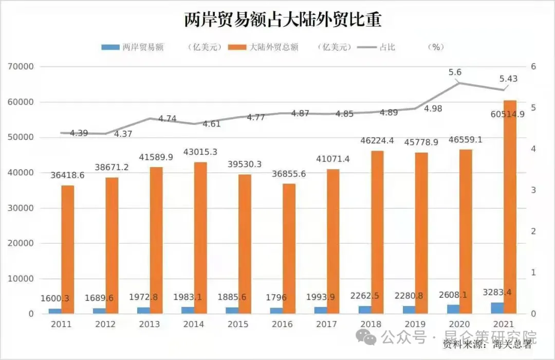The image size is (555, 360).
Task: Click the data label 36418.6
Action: coord(67,175)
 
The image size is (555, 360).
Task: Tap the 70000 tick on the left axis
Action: coord(21,67)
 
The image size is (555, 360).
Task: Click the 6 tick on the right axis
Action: coord(534,67)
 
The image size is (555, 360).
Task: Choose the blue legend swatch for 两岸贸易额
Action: coord(110,47)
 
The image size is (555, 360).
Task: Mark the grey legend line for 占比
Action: coord(366,47)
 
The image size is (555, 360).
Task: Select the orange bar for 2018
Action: coord(378,232)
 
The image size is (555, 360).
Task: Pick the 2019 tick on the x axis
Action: coord(415,325)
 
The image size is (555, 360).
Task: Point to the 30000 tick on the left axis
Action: coord(21,208)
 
